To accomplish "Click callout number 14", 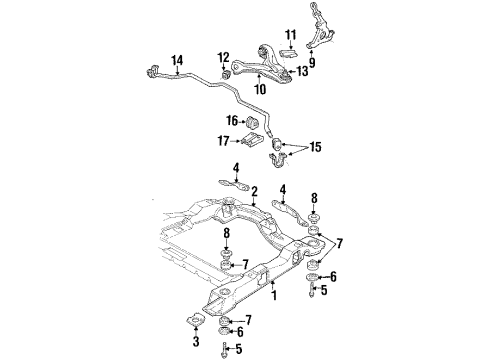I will (x=177, y=61).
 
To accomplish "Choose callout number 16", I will (x=232, y=121).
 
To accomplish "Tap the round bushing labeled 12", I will (x=226, y=73).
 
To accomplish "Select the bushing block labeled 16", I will (x=254, y=123).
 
